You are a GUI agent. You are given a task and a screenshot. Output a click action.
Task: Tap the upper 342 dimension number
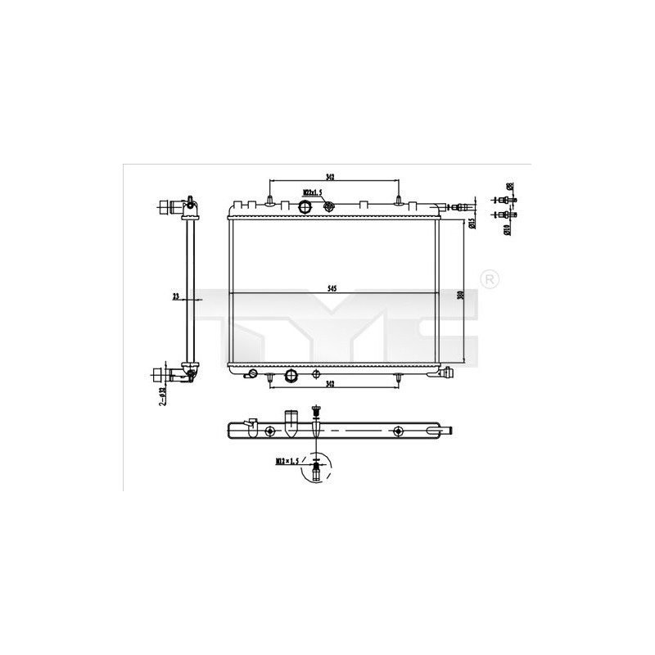(329, 175)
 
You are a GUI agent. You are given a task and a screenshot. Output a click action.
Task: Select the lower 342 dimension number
(329, 382)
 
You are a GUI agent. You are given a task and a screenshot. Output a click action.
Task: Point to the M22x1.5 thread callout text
(313, 192)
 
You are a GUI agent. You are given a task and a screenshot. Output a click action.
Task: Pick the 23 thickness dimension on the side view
(176, 298)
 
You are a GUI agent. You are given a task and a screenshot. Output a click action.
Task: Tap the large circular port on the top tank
(307, 204)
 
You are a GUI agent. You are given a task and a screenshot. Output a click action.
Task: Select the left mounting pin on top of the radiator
(269, 201)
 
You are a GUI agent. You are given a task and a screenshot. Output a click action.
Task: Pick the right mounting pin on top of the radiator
(398, 201)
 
